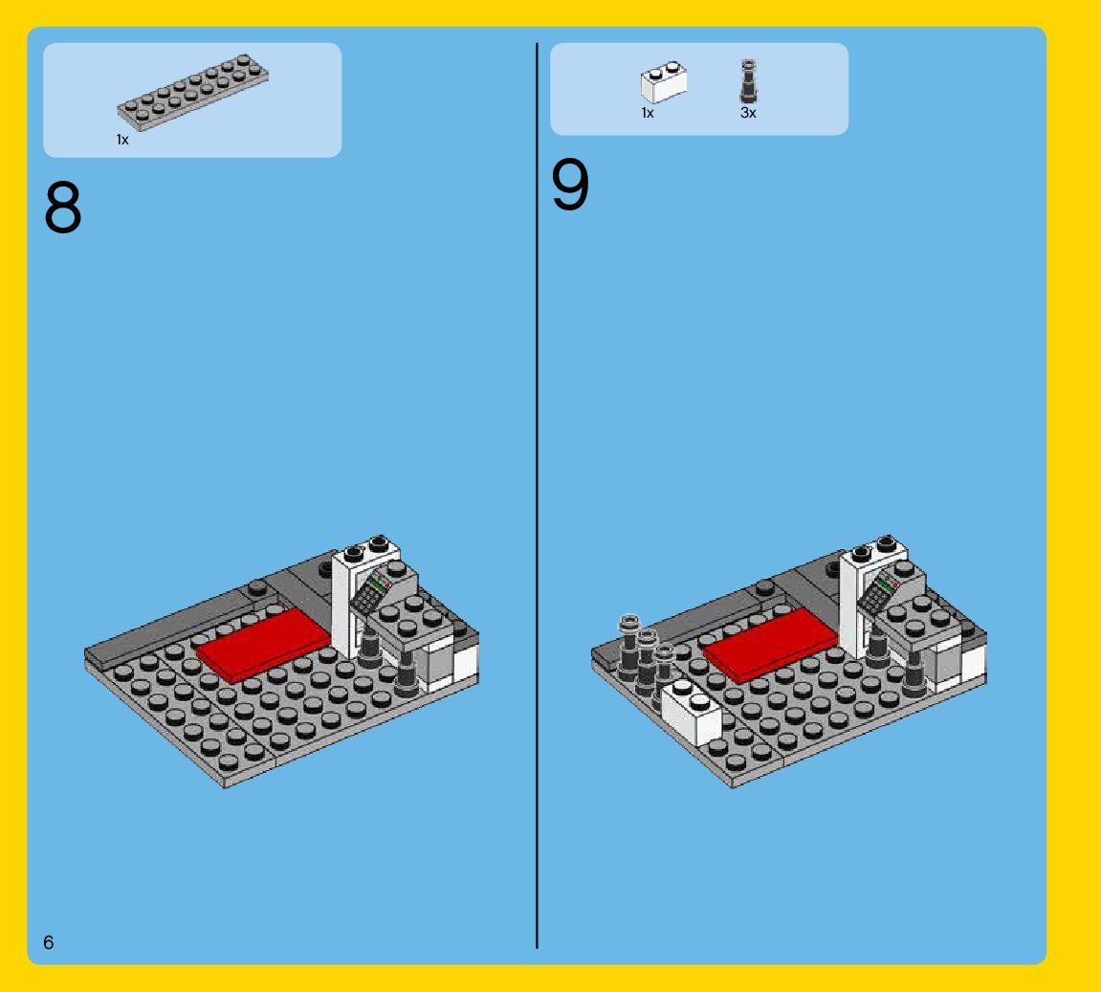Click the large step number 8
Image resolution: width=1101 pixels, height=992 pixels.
tap(63, 207)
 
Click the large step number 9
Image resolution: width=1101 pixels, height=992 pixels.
tap(570, 184)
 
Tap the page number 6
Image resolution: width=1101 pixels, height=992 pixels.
tap(48, 942)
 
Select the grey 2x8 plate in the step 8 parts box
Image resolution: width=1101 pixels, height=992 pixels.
tap(193, 92)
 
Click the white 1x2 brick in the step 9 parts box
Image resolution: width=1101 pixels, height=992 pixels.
tap(664, 82)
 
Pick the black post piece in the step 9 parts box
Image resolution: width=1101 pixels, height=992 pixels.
tap(749, 81)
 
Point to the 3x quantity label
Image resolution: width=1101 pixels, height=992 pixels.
tap(748, 113)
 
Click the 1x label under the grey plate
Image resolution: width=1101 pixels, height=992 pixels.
tap(122, 140)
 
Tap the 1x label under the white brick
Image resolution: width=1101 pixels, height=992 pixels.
tap(648, 113)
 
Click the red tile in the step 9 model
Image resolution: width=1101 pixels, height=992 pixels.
tap(771, 645)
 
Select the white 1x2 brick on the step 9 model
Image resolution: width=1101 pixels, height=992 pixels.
tap(692, 711)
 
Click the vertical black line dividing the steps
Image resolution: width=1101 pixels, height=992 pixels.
tap(538, 496)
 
